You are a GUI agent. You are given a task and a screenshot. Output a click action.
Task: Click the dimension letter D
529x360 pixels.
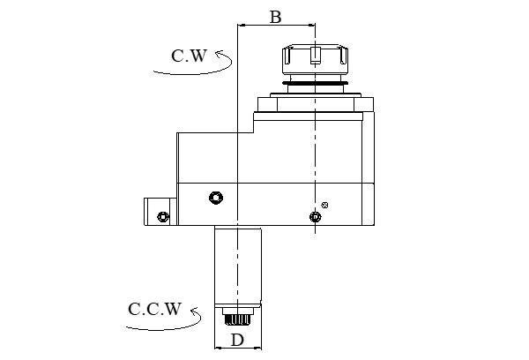(x=238, y=339)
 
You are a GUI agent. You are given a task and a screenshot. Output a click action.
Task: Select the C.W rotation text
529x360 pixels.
(x=189, y=56)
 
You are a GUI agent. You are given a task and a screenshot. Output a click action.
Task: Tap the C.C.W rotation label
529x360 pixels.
(x=154, y=310)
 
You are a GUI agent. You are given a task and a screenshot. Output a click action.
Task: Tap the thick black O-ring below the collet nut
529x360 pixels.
(x=315, y=85)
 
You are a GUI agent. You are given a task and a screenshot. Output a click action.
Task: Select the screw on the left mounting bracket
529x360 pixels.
(x=160, y=216)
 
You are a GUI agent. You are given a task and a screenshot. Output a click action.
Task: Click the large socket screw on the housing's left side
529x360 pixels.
(x=213, y=196)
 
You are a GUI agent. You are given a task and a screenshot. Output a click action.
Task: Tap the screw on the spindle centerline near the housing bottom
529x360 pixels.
(x=314, y=216)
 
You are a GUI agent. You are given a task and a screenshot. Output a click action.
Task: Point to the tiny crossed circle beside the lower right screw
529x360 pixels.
(x=326, y=205)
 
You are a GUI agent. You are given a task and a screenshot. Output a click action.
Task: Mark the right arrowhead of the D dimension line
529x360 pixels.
(x=260, y=348)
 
